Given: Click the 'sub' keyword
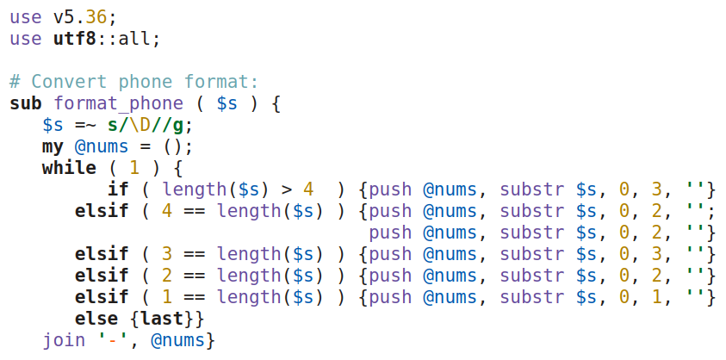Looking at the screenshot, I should pos(26,104).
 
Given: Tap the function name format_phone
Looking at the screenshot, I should pos(118,104).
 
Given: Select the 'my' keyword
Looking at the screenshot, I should pos(53,147).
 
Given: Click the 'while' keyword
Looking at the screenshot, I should pos(68,169).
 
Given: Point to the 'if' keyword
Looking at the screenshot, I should pos(118,190).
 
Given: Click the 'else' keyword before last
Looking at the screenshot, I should pos(96,320).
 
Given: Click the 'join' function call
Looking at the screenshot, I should pos(64,341).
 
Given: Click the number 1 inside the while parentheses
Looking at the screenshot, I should pos(134,169).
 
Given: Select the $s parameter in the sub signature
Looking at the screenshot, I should pos(226,104).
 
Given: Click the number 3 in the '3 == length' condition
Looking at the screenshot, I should pos(167,255).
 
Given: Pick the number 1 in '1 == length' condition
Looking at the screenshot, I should pos(167,298).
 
